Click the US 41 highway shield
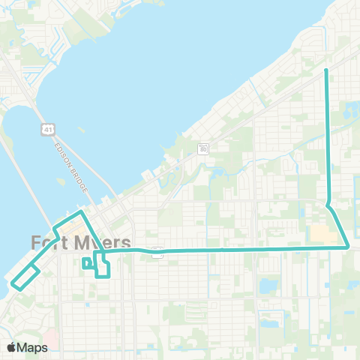[46, 129]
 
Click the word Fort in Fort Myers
[49, 243]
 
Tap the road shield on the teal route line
[157, 253]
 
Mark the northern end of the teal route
[326, 70]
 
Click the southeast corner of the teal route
[349, 247]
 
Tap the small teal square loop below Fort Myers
[87, 262]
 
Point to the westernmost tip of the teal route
[12, 283]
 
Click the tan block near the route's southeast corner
[321, 235]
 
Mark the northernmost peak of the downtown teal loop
[80, 212]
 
